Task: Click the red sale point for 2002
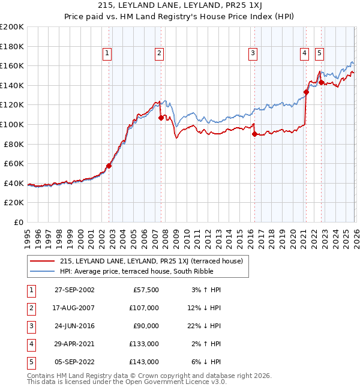pyautogui.click(x=109, y=166)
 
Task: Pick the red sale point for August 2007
pyautogui.click(x=161, y=118)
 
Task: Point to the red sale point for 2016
pyautogui.click(x=254, y=134)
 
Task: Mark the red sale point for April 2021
pyautogui.click(x=306, y=92)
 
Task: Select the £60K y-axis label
pyautogui.click(x=14, y=163)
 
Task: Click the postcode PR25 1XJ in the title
pyautogui.click(x=236, y=5)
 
